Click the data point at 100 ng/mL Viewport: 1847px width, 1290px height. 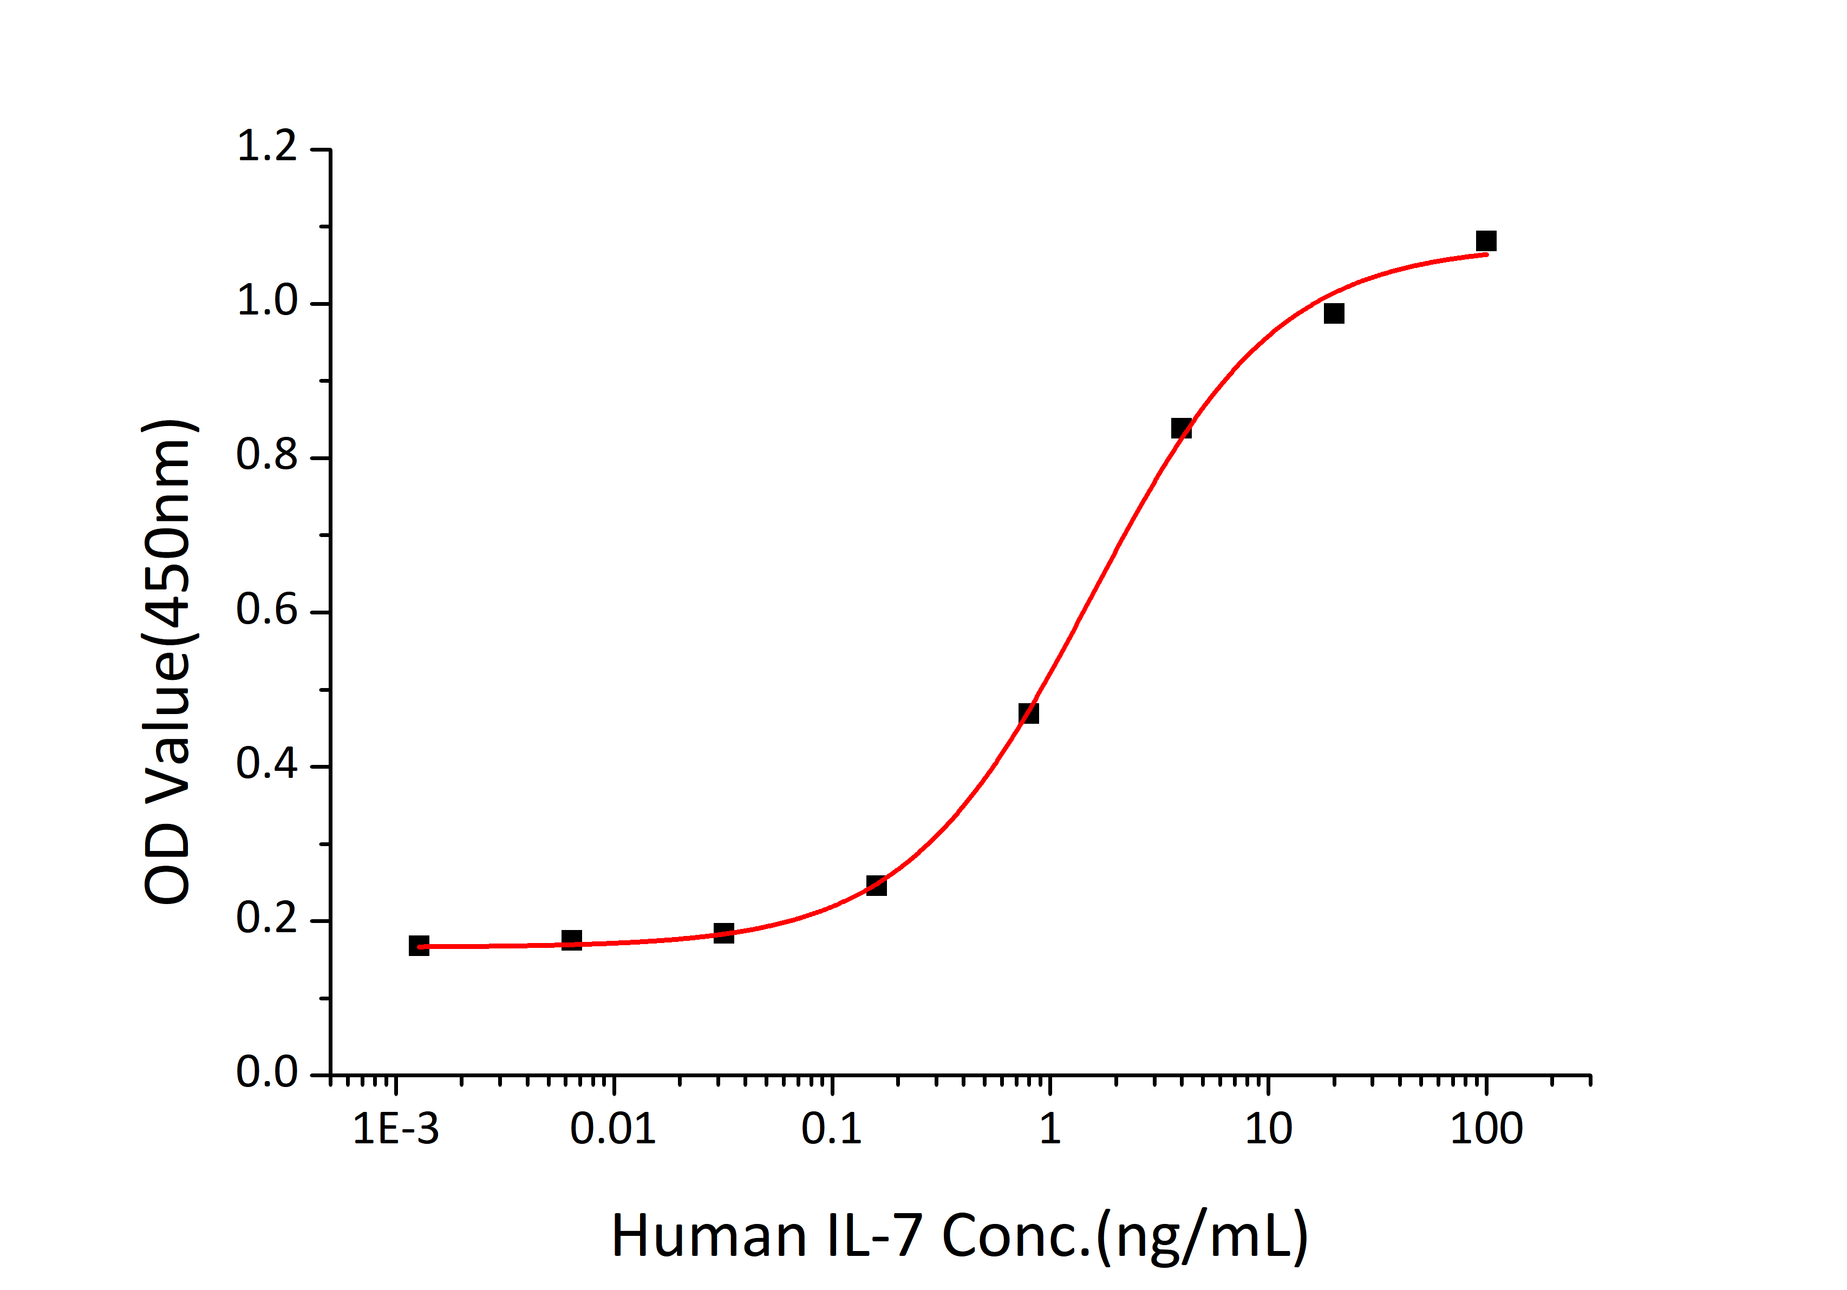pos(1486,241)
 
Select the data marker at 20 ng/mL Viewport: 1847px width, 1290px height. pos(1334,313)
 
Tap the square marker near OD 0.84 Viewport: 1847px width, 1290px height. pos(1181,428)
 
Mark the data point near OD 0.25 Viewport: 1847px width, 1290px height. pos(876,886)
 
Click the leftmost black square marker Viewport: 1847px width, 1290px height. pos(419,946)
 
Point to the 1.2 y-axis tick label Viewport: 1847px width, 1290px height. pos(267,147)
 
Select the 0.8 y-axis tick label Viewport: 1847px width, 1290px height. pos(267,456)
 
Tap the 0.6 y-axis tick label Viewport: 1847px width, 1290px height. pos(267,611)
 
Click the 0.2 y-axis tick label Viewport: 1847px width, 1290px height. pos(267,919)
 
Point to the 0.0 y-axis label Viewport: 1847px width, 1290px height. pos(267,1073)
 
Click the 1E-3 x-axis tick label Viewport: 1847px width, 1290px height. pos(396,1129)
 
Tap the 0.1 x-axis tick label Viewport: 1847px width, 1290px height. pos(832,1129)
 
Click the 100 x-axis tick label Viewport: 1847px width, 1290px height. pos(1486,1129)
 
